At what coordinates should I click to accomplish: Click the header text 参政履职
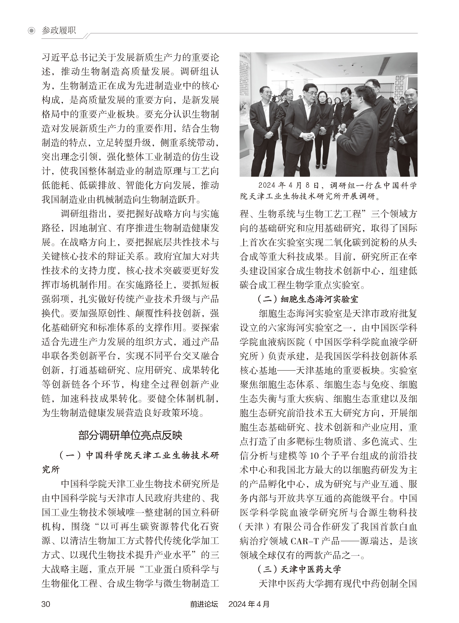(x=59, y=30)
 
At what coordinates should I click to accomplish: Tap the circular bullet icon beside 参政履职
(x=32, y=31)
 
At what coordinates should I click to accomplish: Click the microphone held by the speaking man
(x=343, y=128)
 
